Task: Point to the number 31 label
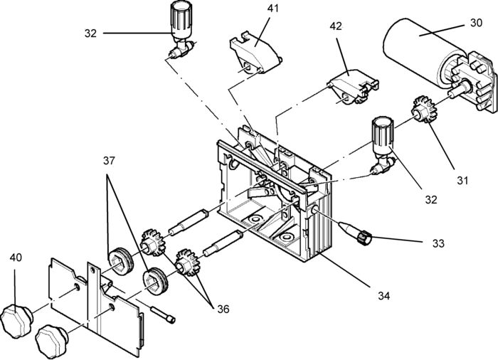click(462, 180)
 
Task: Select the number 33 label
click(438, 243)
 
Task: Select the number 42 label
click(337, 26)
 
